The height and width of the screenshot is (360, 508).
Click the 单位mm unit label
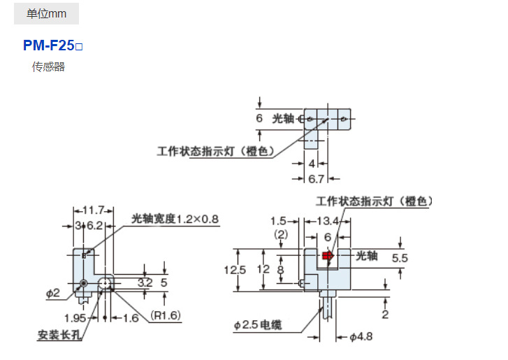point(46,13)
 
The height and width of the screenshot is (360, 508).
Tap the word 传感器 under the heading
point(48,67)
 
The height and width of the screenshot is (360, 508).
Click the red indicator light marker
point(327,256)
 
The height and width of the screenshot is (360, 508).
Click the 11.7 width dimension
point(93,210)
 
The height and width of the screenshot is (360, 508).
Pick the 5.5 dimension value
point(400,258)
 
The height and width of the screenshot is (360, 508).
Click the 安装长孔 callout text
point(60,334)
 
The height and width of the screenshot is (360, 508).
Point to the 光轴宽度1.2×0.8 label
point(175,219)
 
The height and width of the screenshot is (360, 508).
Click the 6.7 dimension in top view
point(316,178)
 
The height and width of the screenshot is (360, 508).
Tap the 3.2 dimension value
point(145,283)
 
